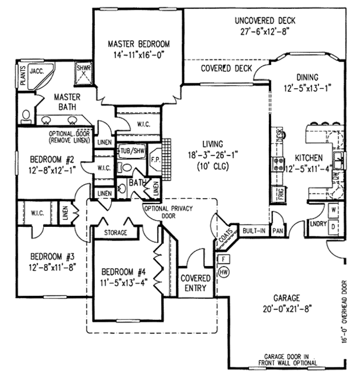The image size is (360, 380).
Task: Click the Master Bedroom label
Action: coord(139,44)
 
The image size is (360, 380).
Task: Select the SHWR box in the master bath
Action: coord(83,69)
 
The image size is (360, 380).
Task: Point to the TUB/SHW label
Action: coord(132,151)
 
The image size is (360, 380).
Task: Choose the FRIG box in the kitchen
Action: coord(280,193)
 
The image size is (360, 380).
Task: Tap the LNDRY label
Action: coord(317,225)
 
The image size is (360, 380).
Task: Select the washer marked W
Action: coord(333,211)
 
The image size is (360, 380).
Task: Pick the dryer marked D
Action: coord(333,227)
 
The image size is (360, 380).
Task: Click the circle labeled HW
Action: coord(224,272)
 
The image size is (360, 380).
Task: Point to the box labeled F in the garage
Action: coord(224,259)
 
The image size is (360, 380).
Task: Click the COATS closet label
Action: coord(226,238)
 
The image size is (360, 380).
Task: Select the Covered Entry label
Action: coord(196,283)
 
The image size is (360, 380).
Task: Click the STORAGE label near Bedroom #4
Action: coord(116,231)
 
